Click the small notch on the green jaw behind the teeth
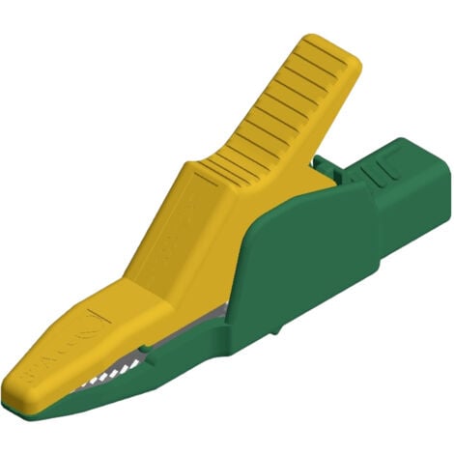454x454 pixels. (145, 347)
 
